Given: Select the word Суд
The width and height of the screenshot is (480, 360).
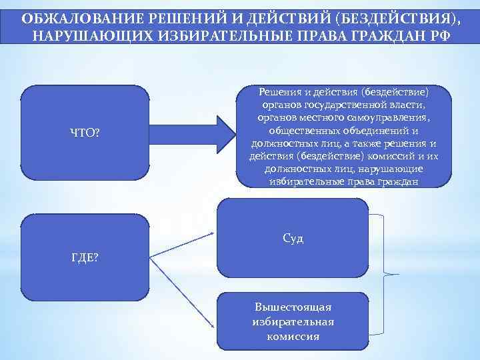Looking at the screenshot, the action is pos(293,238).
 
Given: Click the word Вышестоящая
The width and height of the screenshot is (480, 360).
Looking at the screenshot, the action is pos(293,307).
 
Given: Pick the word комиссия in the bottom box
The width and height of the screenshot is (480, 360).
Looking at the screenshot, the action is pos(293,336).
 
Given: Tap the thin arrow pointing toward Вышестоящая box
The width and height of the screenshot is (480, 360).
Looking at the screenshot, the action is pos(183,294).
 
